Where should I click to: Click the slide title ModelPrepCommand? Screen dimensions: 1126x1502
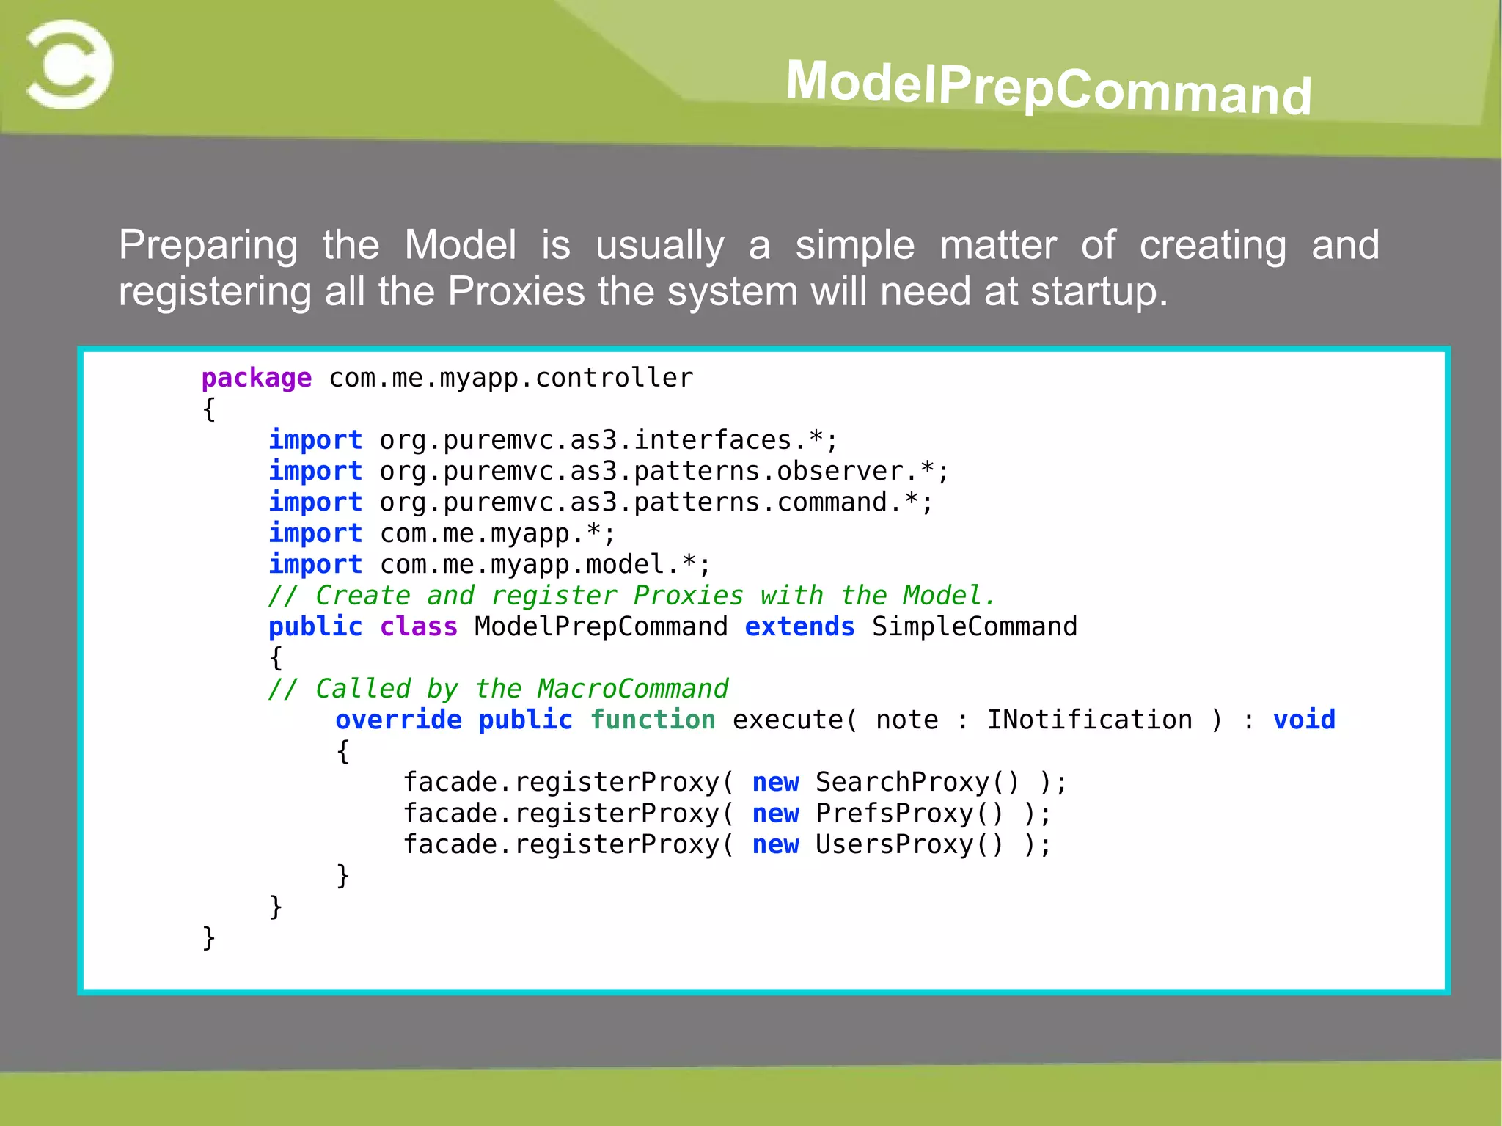tap(1048, 87)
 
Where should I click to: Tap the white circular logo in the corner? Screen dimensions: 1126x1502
tap(69, 65)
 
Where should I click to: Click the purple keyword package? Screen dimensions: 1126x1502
tap(256, 378)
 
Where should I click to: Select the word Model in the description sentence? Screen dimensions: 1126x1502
tap(460, 245)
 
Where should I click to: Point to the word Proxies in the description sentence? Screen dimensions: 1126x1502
tap(516, 291)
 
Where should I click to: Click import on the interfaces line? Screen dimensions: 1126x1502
tap(315, 440)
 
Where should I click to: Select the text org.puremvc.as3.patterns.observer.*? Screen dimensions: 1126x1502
tap(664, 471)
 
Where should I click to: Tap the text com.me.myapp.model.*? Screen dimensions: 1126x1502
tap(545, 564)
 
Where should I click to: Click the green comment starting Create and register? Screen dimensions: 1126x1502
tap(631, 595)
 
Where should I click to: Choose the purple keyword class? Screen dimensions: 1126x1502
tap(418, 626)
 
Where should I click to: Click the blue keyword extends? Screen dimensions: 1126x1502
tap(799, 626)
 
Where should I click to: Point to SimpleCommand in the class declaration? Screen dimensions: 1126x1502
tap(974, 626)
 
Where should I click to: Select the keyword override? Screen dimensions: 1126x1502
tap(398, 720)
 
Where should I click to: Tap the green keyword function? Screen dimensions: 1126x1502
tap(653, 720)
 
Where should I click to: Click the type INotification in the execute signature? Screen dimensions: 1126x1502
tap(1089, 720)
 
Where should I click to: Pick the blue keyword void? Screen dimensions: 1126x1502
tap(1303, 720)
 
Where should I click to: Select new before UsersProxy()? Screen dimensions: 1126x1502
tap(775, 844)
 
